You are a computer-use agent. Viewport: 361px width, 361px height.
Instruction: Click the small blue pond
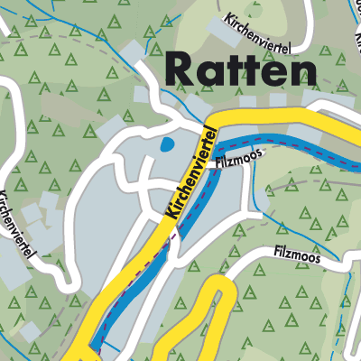point(165,143)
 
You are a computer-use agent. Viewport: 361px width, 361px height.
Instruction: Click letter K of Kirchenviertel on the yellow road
point(169,215)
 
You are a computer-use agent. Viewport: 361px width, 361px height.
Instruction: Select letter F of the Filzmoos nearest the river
point(218,164)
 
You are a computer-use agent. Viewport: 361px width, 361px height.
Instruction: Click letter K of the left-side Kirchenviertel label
point(5,194)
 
